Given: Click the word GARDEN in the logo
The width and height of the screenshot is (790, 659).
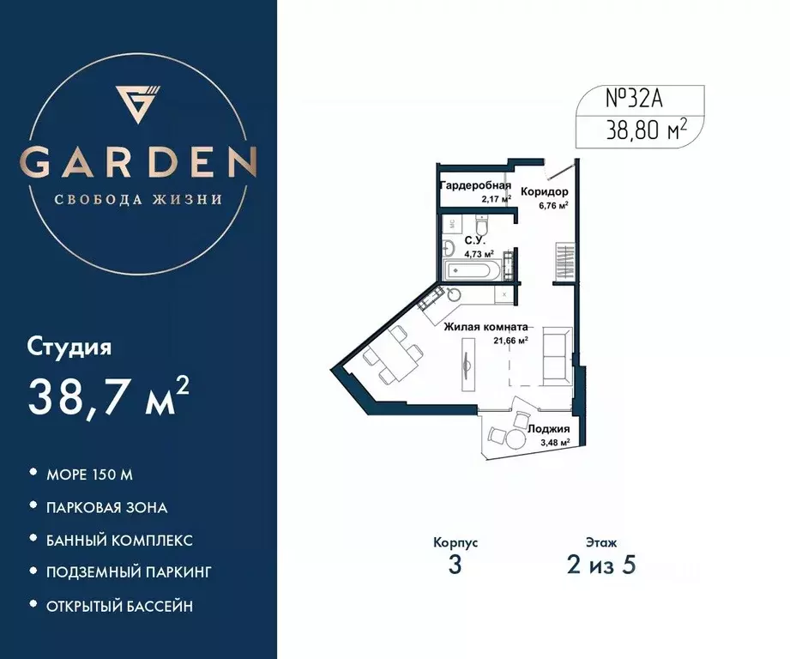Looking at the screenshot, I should point(139,161).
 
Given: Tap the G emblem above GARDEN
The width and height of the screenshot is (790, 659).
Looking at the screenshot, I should point(138,105).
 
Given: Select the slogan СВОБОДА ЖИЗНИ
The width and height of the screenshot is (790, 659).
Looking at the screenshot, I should point(139,200).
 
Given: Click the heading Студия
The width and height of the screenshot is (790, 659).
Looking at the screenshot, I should point(69,348).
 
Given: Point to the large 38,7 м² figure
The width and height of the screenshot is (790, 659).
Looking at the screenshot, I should point(108,396).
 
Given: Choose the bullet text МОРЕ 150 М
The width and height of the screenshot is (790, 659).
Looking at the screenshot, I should point(90,475).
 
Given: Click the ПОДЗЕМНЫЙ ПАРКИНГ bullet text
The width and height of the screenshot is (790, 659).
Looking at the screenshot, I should point(129,571).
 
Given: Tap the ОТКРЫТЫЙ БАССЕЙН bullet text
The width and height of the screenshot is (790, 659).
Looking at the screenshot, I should point(119,606).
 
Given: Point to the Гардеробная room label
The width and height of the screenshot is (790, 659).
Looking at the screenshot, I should point(475,185).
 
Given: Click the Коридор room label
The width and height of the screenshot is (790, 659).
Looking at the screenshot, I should point(545,192).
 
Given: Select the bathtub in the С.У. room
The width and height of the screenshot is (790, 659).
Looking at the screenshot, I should point(472,270).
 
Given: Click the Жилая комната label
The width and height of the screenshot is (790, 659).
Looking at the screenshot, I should point(485,327).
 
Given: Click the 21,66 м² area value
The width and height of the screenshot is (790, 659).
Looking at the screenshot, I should point(510,340).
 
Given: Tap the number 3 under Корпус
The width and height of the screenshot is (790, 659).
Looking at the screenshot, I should point(455,567).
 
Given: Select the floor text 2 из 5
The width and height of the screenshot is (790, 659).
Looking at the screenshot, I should point(600,567).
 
